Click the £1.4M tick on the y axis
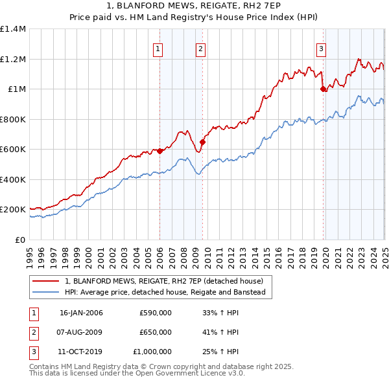coord(13,29)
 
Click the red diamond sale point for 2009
coord(202,142)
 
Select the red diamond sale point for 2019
coord(323,89)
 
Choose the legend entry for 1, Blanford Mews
coord(163,281)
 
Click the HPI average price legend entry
coord(169,292)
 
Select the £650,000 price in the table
coord(156,332)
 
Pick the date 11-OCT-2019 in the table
coord(81,352)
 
